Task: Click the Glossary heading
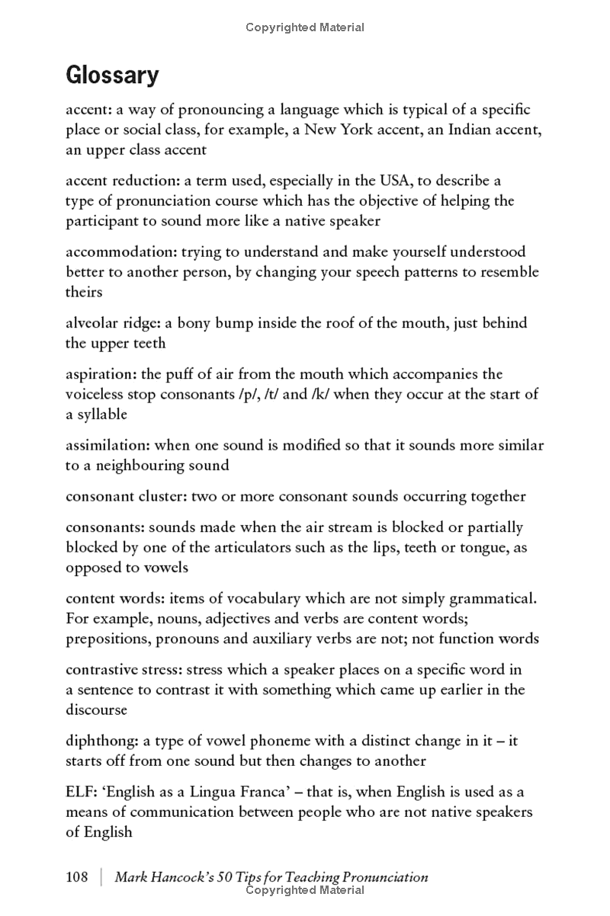click(x=112, y=75)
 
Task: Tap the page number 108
click(x=77, y=876)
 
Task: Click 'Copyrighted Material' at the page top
click(x=305, y=27)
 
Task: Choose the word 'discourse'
click(x=96, y=709)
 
